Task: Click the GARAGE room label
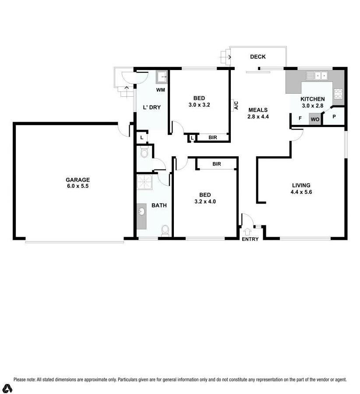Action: coord(78,179)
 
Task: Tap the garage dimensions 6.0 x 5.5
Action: coord(78,186)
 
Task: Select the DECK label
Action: coord(258,57)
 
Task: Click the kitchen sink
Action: coord(317,76)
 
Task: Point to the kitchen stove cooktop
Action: coord(338,93)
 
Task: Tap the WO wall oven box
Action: coord(315,119)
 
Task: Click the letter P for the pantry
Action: coord(334,117)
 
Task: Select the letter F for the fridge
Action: coord(300,118)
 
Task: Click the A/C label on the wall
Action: coord(235,105)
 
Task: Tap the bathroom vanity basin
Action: coord(142,212)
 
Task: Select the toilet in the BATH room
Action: coord(165,230)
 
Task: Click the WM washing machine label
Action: coord(160,90)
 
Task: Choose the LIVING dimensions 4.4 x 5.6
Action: coord(300,192)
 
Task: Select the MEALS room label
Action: coord(258,110)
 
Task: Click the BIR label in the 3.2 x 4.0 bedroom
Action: coord(216,164)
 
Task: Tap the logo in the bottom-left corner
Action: coord(7,388)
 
